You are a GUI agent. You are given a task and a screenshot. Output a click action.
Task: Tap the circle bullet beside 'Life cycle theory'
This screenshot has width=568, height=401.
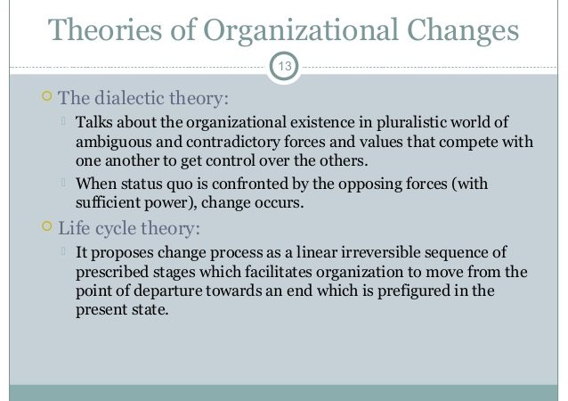pyautogui.click(x=46, y=225)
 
